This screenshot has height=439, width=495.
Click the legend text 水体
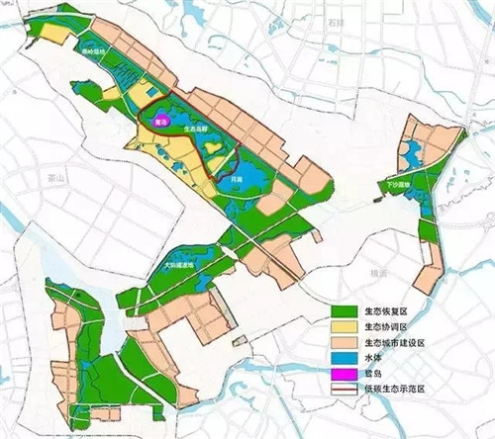pyautogui.click(x=372, y=359)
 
